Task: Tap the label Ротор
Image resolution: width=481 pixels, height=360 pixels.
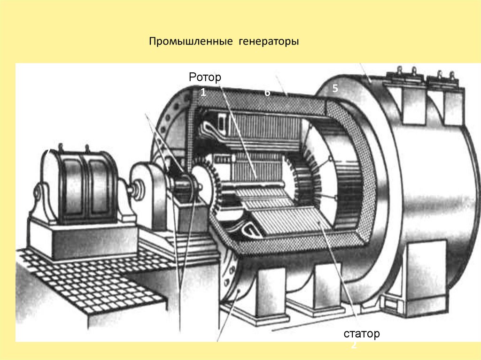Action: [205, 77]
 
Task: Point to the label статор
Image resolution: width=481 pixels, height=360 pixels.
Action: [361, 334]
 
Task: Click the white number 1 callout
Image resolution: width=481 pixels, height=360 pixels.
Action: [203, 93]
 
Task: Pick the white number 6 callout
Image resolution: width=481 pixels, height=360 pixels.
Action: [267, 93]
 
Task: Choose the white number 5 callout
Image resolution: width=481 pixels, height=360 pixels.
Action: [335, 88]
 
